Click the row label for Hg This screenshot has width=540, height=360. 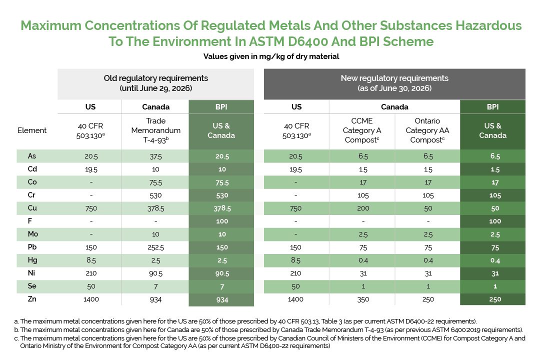coord(32,260)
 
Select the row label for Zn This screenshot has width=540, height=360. coord(32,299)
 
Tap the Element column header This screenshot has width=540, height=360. coord(32,130)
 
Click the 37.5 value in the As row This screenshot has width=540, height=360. coord(156,156)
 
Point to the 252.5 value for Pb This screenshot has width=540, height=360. coord(156,247)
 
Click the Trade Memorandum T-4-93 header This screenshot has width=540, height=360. coord(156,130)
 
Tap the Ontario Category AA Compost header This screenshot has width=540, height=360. coord(428,130)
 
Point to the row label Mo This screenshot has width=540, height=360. coord(32,234)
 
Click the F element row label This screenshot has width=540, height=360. coord(32,221)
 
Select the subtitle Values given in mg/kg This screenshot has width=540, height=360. coord(271,56)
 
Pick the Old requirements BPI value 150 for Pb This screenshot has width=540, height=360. coord(221,247)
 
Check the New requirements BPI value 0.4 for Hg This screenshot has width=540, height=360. coord(492,260)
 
